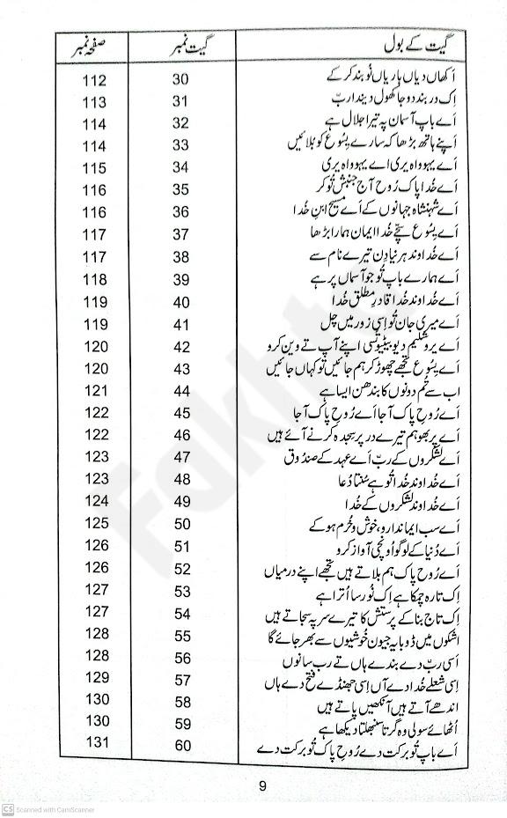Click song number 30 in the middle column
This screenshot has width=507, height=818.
click(x=181, y=80)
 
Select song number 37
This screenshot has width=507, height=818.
click(x=181, y=234)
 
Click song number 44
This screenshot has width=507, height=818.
click(x=181, y=390)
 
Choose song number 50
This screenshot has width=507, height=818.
click(x=181, y=524)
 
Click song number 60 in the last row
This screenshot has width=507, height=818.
click(x=181, y=745)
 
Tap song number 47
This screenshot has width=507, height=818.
click(x=181, y=457)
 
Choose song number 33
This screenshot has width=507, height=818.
click(x=181, y=145)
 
